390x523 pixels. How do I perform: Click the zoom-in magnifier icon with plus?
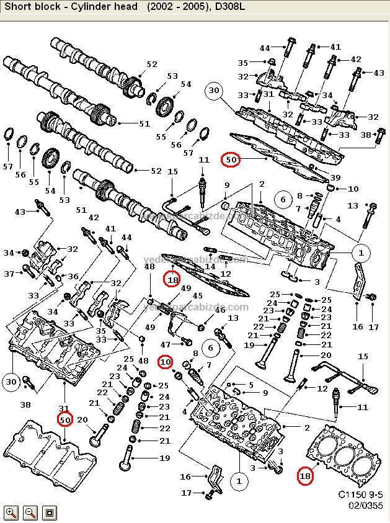pyautogui.click(x=11, y=512)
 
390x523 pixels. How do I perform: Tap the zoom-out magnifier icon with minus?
pyautogui.click(x=30, y=512)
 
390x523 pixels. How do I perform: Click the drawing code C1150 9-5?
pyautogui.click(x=360, y=494)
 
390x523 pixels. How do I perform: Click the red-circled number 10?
pyautogui.click(x=165, y=361)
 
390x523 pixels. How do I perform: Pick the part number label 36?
pyautogui.click(x=73, y=277)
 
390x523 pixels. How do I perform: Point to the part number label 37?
pyautogui.click(x=9, y=274)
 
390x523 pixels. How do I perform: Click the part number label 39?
pyautogui.click(x=335, y=178)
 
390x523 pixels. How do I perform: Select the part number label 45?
pyautogui.click(x=198, y=295)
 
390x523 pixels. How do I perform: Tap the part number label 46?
pyautogui.click(x=219, y=310)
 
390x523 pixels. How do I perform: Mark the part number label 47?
pyautogui.click(x=166, y=344)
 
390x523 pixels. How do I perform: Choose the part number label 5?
pyautogui.click(x=250, y=385)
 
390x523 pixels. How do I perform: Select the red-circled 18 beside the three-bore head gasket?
pyautogui.click(x=304, y=476)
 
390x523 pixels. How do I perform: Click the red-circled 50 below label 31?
pyautogui.click(x=66, y=420)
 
